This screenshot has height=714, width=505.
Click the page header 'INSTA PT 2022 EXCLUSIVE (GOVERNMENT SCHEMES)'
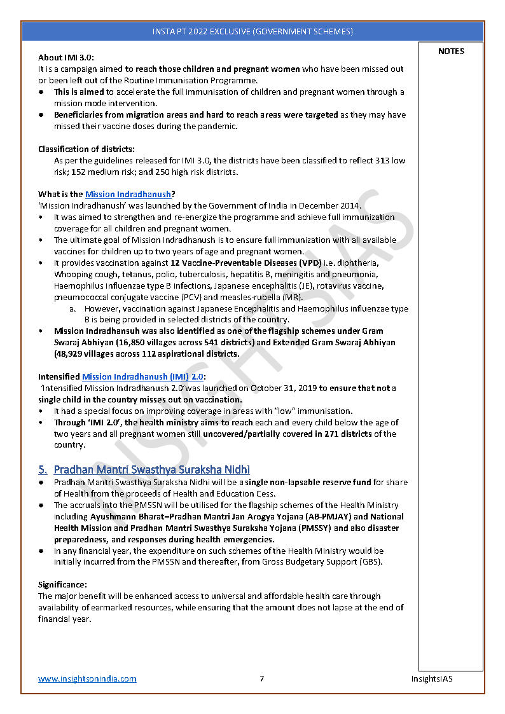coord(253,31)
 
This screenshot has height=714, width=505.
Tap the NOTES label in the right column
coord(451,51)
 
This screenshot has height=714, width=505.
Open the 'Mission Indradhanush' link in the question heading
coord(128,195)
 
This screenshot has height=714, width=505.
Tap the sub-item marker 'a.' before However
coord(73,309)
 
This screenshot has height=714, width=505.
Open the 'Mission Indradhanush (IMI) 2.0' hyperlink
coord(142,377)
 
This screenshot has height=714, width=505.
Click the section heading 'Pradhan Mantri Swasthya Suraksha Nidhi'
coord(151,470)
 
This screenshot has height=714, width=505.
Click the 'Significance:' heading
coord(63,584)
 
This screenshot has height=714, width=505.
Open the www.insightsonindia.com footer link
coord(87,679)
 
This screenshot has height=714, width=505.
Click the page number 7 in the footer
coord(261,679)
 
